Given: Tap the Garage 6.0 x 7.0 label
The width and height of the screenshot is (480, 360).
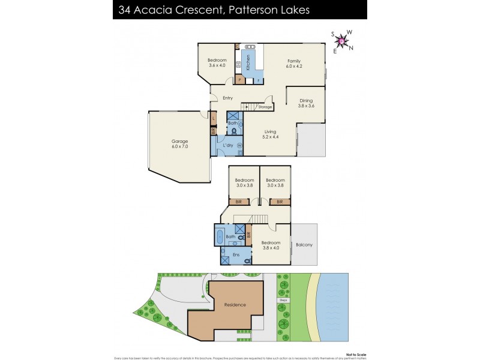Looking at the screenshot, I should click(x=179, y=145).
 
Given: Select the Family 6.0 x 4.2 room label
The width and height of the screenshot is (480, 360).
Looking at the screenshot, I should click(x=293, y=64).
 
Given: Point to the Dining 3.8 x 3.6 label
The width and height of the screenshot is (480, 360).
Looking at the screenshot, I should click(x=306, y=103).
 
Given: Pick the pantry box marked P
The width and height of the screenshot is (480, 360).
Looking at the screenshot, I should click(x=239, y=80).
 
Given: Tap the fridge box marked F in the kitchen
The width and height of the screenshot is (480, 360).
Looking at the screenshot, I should click(x=259, y=80).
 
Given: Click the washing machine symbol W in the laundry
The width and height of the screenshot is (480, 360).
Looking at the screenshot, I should click(x=240, y=145).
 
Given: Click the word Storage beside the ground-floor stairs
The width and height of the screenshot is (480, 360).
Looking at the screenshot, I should click(x=265, y=107).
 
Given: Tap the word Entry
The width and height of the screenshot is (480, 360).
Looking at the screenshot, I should click(x=227, y=98).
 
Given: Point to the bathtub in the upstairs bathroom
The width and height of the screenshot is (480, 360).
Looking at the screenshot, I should click(x=220, y=237).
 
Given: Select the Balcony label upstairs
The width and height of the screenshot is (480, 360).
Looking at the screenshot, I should click(x=304, y=245).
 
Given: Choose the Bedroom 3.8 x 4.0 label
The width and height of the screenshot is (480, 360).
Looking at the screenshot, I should click(x=271, y=245).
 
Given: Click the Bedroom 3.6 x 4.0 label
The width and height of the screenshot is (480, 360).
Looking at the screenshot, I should click(x=217, y=63).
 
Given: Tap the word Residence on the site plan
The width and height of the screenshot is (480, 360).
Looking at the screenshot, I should click(x=235, y=305).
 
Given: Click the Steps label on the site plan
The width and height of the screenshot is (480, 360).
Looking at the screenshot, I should click(x=283, y=300).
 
